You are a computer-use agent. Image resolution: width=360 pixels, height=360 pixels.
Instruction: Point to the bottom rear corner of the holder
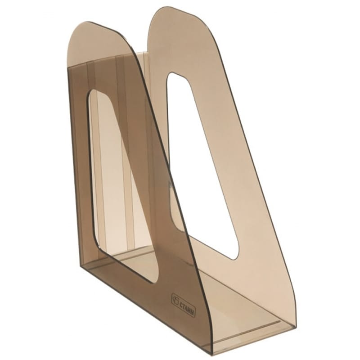(x=81, y=266)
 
